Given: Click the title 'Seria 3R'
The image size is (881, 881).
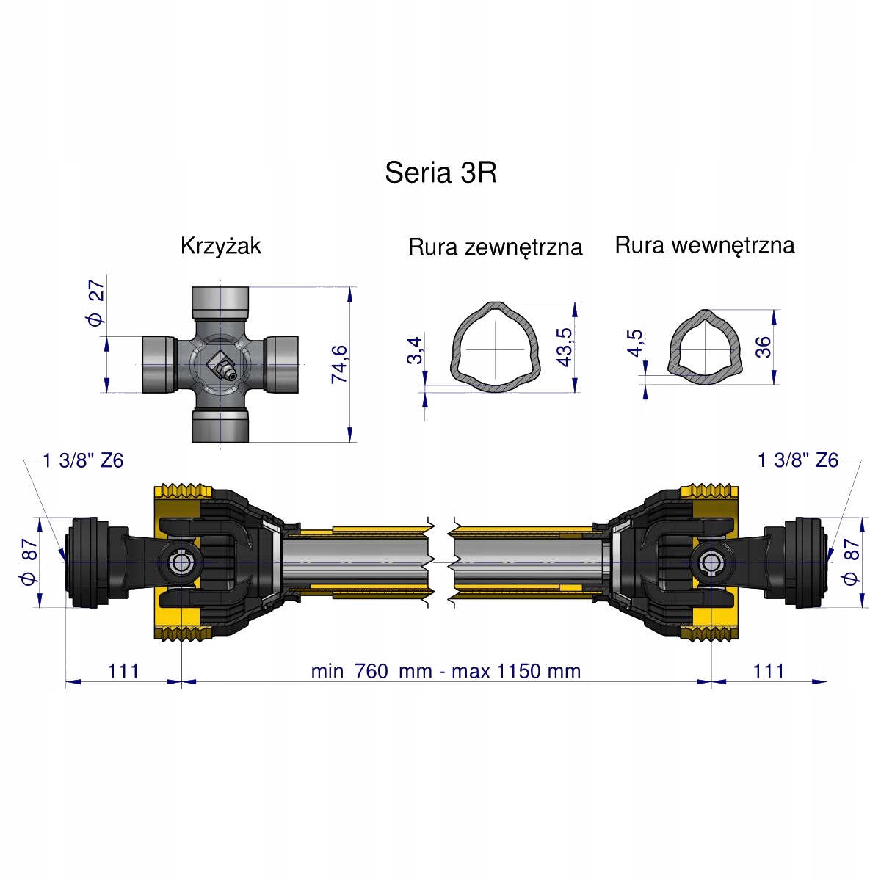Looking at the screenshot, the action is click(440, 173).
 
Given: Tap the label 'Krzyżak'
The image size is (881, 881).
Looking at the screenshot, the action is click(220, 246).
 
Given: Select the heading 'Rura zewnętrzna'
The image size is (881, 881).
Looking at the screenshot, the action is click(495, 247).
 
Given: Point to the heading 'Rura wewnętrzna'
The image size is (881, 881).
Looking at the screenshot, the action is click(705, 245).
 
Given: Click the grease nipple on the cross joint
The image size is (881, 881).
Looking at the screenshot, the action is click(221, 366).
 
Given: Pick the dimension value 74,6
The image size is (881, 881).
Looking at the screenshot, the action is click(339, 364).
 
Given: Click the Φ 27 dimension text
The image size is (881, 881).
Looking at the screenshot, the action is click(96, 303).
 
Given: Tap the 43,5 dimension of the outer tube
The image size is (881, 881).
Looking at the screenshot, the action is click(565, 347).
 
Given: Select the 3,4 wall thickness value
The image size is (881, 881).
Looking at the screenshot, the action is click(415, 350).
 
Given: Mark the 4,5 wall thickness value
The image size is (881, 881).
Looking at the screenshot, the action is click(636, 343).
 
